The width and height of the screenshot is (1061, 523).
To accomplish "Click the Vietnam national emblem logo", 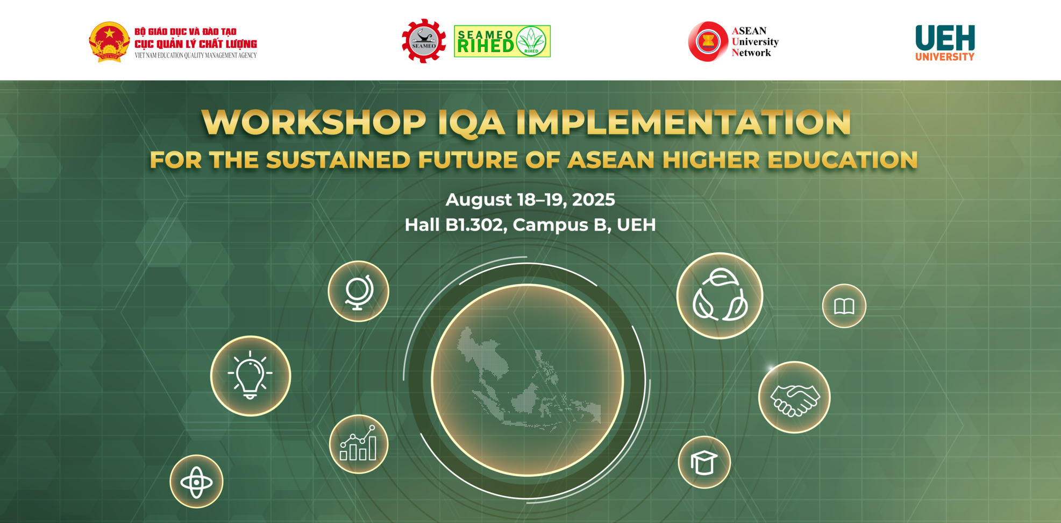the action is click(x=109, y=42).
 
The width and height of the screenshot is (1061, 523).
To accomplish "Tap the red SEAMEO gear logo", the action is click(x=424, y=41).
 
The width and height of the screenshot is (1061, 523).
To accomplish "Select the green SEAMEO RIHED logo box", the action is click(x=502, y=41).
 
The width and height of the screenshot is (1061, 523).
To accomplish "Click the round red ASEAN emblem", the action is click(x=708, y=41).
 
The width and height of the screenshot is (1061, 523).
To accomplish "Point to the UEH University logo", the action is click(x=945, y=43).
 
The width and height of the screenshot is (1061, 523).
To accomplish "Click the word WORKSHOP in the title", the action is click(x=314, y=123).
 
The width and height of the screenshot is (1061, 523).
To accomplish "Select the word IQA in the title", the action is click(x=471, y=123).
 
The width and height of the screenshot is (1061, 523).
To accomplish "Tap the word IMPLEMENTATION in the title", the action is click(x=683, y=123).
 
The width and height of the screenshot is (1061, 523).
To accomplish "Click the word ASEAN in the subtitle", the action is click(x=611, y=160).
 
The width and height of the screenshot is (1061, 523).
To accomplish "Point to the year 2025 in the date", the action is click(x=593, y=200).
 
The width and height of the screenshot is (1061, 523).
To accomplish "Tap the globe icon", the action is click(x=358, y=291).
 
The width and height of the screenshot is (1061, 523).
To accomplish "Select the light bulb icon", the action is click(x=251, y=376).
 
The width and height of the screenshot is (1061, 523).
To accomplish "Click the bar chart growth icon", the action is click(x=359, y=444).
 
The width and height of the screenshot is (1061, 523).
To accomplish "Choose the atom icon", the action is click(x=196, y=482).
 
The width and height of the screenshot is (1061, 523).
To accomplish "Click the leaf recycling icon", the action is click(x=720, y=295).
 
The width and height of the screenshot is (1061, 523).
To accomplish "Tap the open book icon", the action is click(x=844, y=306).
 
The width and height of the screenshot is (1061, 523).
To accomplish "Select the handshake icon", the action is click(x=794, y=397).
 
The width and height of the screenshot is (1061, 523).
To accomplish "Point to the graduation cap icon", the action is click(x=704, y=462).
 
